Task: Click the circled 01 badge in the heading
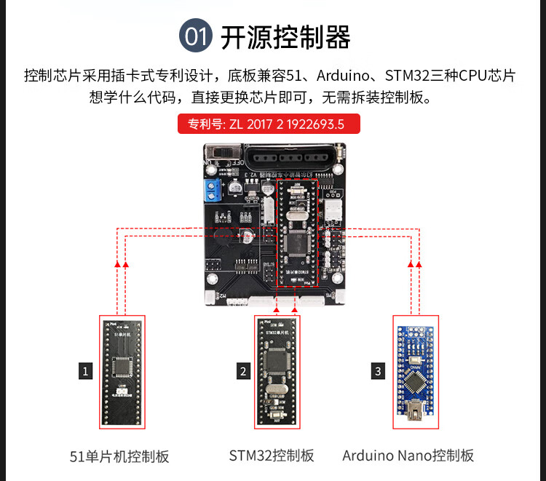point(196,36)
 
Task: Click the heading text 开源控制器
point(285,36)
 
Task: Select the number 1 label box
point(86,371)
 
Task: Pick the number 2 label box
point(243,371)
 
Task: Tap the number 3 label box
point(378,371)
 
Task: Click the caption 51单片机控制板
point(119,456)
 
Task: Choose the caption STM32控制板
point(272,456)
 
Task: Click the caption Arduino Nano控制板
point(408,456)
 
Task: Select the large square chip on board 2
point(276,362)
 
